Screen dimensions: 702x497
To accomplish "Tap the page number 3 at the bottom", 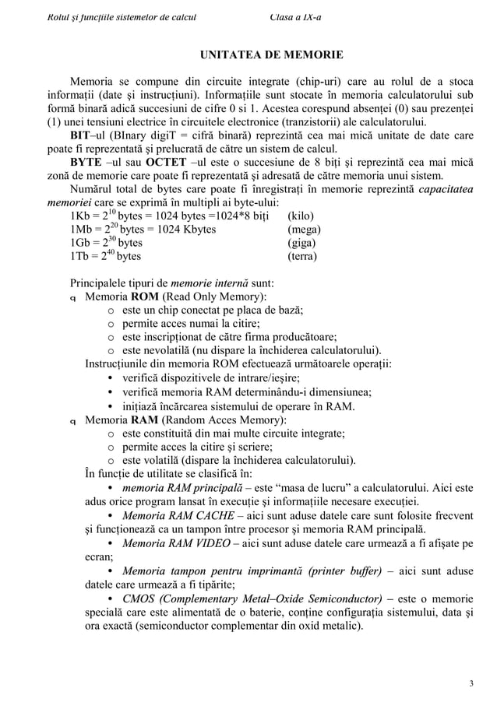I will [471, 683].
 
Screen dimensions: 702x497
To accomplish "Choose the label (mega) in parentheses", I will [305, 229].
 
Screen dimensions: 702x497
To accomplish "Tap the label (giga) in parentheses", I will [302, 242].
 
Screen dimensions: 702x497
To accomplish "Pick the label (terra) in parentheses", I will [303, 255].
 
